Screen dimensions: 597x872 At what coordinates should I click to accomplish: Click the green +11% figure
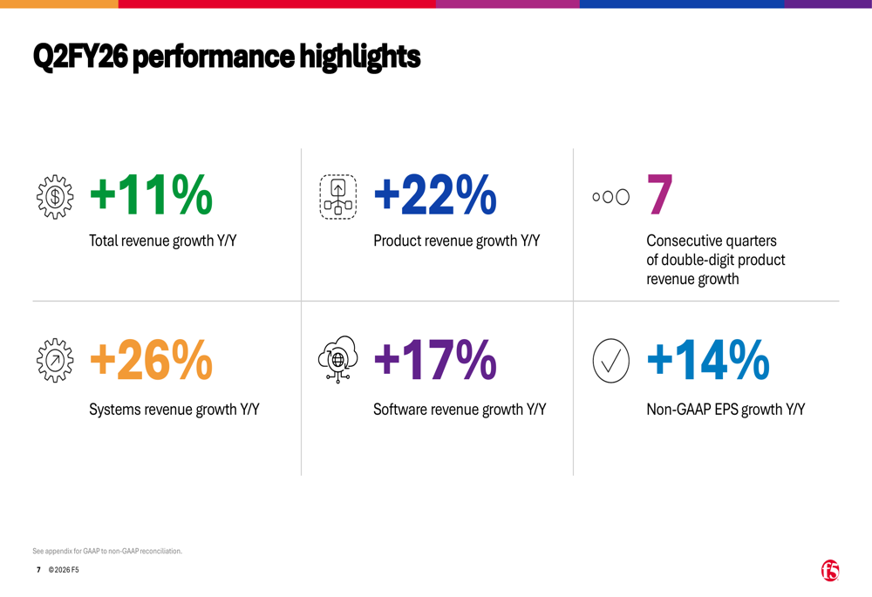point(151,194)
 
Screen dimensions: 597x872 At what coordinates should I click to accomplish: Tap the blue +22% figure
point(435,194)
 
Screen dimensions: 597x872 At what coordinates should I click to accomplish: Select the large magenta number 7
point(660,195)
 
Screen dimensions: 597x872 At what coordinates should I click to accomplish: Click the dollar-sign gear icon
point(55,196)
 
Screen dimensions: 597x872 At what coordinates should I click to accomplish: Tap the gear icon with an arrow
point(55,360)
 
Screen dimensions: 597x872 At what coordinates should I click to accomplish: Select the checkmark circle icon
point(610,360)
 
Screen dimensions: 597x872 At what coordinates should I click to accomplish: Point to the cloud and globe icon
point(337,360)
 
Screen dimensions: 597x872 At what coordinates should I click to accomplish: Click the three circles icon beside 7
point(610,197)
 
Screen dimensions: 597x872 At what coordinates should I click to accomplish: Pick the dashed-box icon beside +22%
point(337,197)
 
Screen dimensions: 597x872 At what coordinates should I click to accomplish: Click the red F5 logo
point(830,571)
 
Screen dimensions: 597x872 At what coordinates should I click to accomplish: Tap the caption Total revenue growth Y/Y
point(163,241)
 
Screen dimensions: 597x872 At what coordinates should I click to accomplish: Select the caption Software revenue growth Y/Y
point(460,409)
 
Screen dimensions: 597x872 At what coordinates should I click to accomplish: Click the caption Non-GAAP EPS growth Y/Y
point(726,409)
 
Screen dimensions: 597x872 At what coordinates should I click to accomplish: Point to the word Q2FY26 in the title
point(80,58)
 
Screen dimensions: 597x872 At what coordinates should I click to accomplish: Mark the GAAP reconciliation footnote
point(107,551)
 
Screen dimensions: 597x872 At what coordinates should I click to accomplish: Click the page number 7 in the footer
point(38,570)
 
